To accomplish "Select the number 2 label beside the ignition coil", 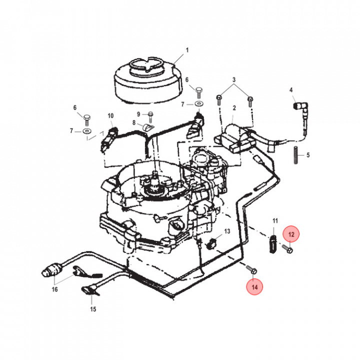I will [x=233, y=108].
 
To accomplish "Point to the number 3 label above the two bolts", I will [x=233, y=80].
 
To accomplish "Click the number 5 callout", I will [x=308, y=155].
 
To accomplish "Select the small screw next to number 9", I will [x=148, y=114].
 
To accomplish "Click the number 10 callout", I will [x=111, y=115].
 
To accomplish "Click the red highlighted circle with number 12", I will [x=291, y=233].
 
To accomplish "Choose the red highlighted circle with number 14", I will [x=255, y=287].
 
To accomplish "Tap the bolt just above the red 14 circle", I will [x=252, y=270].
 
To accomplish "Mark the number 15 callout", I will [x=92, y=309].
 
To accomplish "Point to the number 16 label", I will [x=54, y=289].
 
